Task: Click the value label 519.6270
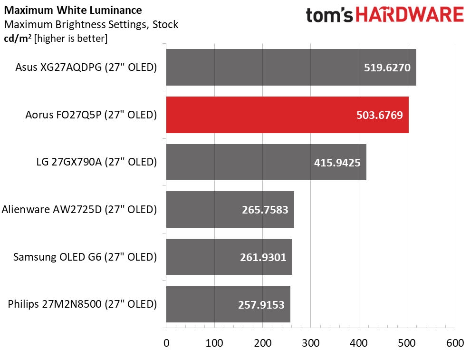point(387,68)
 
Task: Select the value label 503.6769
point(379,115)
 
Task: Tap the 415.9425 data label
point(337,162)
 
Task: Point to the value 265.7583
point(265,209)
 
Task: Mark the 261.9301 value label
point(263,257)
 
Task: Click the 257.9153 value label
point(261,304)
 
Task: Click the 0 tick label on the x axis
point(166,343)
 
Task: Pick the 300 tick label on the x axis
point(310,343)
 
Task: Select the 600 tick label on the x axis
point(454,343)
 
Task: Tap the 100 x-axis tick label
point(214,343)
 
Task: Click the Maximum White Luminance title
point(73,10)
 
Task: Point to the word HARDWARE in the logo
point(410,15)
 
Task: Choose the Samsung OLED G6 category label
point(85,257)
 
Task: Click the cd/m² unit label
point(15,39)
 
